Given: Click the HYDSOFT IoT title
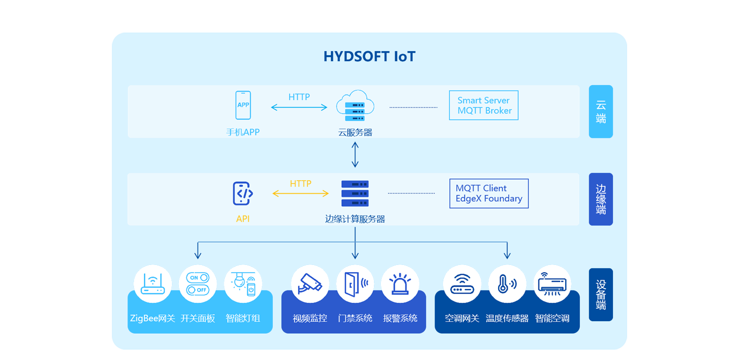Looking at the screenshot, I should click(369, 57).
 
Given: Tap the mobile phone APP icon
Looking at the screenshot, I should click(243, 105).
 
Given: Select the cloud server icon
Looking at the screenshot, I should click(355, 106).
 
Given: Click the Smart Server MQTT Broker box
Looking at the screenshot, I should click(483, 105).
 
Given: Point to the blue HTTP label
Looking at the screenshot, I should click(299, 97).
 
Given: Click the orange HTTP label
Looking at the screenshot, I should click(301, 184).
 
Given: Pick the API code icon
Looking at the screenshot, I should click(243, 194).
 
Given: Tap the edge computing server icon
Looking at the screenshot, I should click(355, 194).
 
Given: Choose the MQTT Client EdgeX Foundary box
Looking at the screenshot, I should click(488, 194).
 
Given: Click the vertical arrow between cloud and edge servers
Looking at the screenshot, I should click(355, 155).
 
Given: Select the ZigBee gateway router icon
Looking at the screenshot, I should click(153, 284).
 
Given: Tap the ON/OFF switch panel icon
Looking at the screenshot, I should click(198, 284).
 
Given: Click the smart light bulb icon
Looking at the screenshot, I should click(243, 284).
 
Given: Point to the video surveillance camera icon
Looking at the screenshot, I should click(310, 284).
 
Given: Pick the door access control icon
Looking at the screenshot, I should click(355, 284).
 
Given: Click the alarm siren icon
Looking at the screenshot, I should click(400, 284).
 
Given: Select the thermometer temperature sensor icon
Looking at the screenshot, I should click(507, 284).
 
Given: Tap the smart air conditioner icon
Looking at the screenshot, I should click(552, 284).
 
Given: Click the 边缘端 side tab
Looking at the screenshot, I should click(601, 199).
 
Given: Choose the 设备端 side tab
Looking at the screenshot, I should click(601, 295).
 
